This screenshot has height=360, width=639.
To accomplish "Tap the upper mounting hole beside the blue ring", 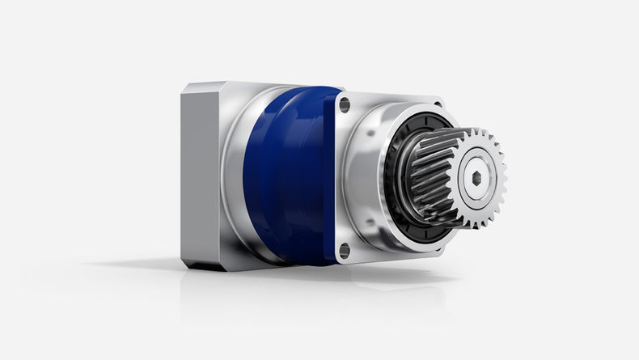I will click(x=345, y=104).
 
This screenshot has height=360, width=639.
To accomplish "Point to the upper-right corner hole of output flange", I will click(x=437, y=104).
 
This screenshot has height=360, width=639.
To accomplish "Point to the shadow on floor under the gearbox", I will click(x=324, y=279).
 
